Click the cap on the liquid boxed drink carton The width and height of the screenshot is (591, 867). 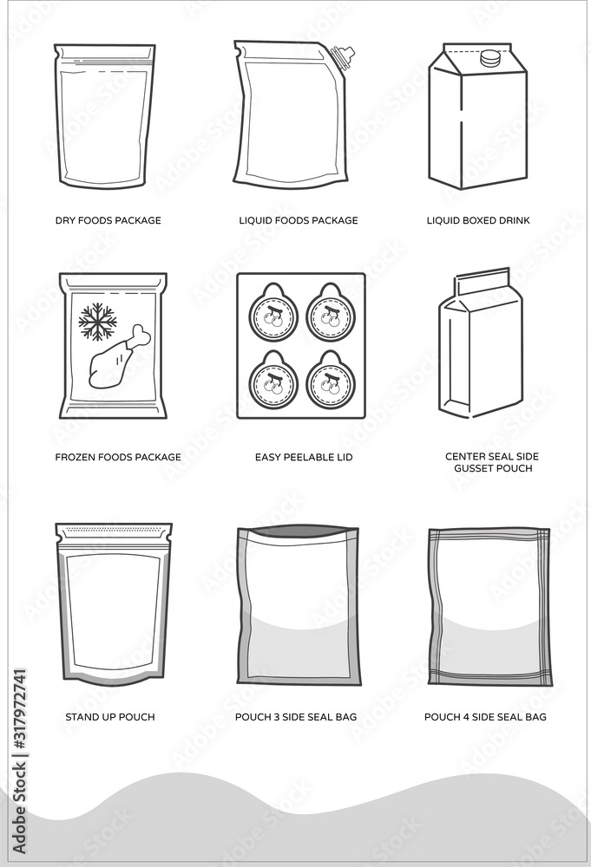coord(491,59)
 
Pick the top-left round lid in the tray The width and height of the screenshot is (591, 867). coord(274,313)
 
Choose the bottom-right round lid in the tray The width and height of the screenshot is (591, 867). coord(329,380)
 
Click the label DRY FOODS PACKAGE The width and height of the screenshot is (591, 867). coord(108,220)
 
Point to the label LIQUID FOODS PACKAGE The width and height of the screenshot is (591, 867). coord(298,220)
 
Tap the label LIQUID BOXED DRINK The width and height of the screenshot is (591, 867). coord(478,220)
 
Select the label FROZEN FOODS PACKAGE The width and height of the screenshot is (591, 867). coord(118,457)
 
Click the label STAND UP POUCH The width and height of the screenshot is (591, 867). coord(110,717)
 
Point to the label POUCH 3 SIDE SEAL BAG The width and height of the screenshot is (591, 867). coord(296,717)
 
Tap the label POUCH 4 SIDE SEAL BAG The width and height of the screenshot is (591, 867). coord(485,717)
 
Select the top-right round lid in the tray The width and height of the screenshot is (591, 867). coord(329,313)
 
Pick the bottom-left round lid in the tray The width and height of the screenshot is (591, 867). coord(274,380)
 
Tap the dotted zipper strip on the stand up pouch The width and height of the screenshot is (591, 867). coord(114,528)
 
